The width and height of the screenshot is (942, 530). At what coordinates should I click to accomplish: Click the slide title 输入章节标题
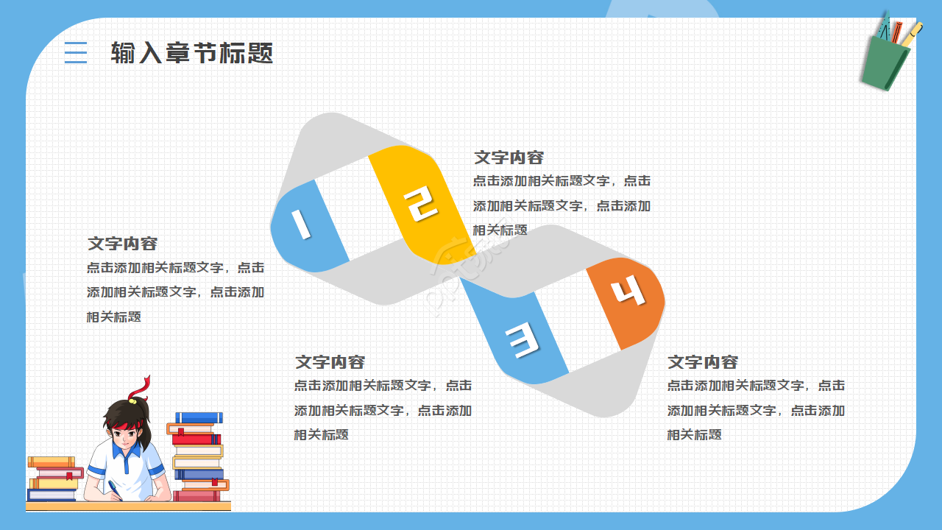click(192, 53)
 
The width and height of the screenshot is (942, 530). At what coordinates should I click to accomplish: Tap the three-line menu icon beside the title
click(75, 53)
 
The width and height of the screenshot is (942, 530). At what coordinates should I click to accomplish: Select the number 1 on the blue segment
click(300, 224)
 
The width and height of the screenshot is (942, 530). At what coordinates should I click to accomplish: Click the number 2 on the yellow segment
click(420, 204)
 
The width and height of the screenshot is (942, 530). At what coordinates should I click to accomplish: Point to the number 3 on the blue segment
click(522, 340)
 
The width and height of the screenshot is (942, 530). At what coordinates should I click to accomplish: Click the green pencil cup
click(885, 63)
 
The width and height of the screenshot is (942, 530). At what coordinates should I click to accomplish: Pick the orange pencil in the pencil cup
click(896, 32)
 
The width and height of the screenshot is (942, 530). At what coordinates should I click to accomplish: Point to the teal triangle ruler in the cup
click(884, 29)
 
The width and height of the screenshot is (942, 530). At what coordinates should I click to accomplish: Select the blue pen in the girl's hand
click(115, 488)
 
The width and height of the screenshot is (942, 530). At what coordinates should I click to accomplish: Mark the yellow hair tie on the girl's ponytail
click(132, 400)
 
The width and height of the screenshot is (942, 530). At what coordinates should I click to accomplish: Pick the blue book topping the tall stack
click(198, 417)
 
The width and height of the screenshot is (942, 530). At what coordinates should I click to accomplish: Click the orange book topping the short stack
click(51, 462)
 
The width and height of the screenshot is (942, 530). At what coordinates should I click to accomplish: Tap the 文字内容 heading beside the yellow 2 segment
click(509, 158)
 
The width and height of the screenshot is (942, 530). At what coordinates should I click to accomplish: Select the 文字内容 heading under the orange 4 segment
click(702, 362)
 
